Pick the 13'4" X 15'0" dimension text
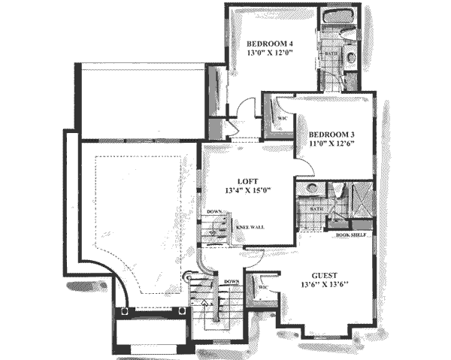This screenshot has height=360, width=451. [247, 190]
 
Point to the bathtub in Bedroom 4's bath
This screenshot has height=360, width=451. [333, 17]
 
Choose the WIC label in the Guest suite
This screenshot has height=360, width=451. [264, 287]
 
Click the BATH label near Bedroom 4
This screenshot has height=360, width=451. [331, 55]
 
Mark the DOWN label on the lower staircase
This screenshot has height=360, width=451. [230, 282]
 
